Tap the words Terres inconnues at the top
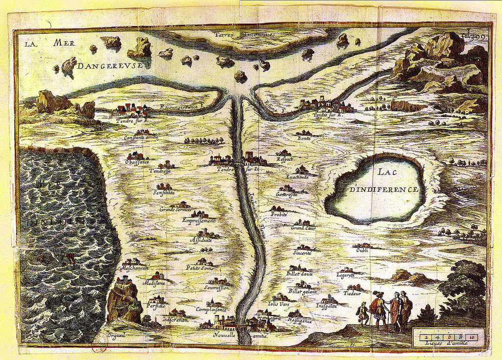tap(245, 35)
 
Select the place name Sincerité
tap(302, 253)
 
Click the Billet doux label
tap(300, 274)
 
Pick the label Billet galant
tap(302, 291)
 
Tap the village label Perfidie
tap(156, 306)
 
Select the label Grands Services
tap(175, 209)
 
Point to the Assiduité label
tap(201, 240)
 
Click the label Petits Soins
tap(200, 267)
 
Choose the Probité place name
tap(278, 214)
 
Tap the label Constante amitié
tap(141, 138)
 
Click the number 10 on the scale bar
tap(472, 337)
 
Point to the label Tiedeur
tap(352, 293)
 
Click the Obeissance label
tap(137, 162)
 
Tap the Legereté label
tap(346, 276)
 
